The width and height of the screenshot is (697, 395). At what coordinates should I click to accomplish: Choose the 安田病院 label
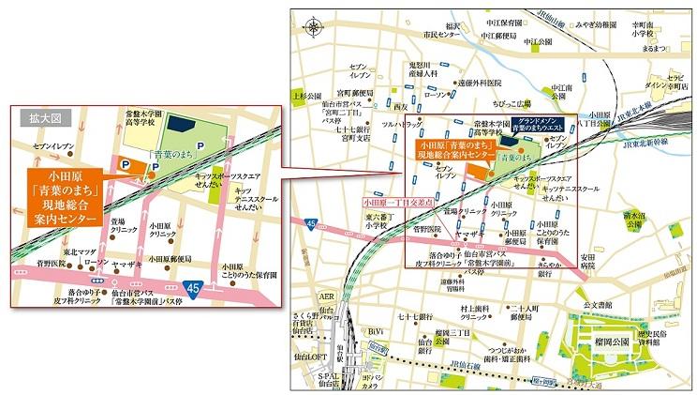tap(587, 261)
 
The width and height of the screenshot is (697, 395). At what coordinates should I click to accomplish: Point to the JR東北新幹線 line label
tap(647, 145)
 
